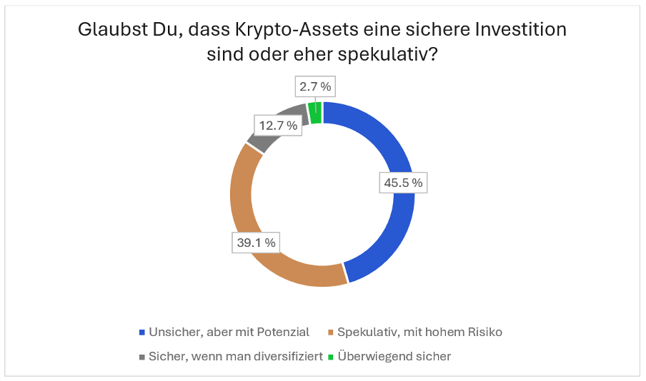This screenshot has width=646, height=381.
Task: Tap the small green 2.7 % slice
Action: coord(315,113)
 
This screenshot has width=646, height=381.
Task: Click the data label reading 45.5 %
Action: coord(403,183)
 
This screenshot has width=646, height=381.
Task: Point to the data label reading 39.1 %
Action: coord(255,243)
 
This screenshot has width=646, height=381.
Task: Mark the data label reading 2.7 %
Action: coord(315,86)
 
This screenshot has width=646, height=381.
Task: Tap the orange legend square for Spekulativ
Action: coord(330,332)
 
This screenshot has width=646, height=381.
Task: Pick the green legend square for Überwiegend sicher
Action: coord(330,356)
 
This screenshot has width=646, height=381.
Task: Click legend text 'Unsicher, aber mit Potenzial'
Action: coord(229,332)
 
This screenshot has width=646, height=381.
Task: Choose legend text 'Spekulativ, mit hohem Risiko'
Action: coord(420,332)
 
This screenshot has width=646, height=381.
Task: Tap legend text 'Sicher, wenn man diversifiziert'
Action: coord(235,356)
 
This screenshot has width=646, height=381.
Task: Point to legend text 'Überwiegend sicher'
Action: coord(394,356)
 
